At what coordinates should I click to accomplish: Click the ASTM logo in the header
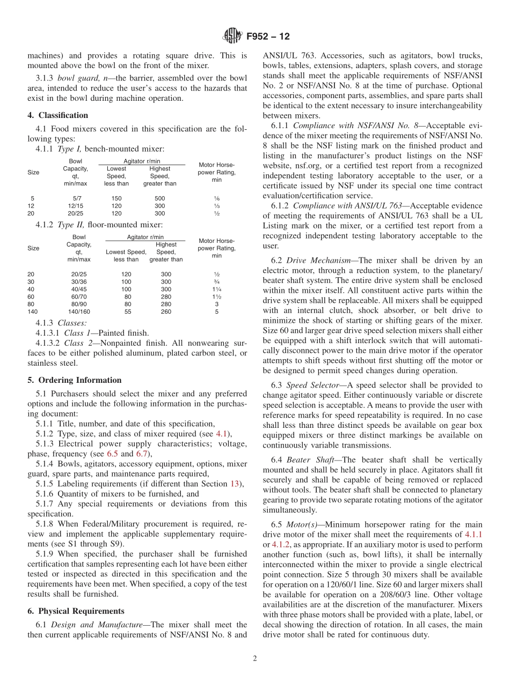click(232, 36)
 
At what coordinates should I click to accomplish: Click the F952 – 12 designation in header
click(268, 36)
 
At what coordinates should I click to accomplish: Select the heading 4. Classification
click(58, 115)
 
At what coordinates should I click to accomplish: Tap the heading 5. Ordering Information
click(75, 380)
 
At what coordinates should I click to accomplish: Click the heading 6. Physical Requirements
click(76, 611)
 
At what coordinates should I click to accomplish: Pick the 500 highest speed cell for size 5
click(159, 198)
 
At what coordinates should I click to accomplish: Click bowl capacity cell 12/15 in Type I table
click(79, 206)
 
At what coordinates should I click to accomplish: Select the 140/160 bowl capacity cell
click(79, 312)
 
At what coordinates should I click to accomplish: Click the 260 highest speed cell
click(166, 312)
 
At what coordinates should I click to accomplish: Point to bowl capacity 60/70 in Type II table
click(79, 296)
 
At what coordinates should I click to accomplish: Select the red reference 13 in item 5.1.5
click(235, 484)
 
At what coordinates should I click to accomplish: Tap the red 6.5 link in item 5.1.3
click(112, 454)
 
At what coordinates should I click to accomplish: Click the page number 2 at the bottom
click(255, 659)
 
